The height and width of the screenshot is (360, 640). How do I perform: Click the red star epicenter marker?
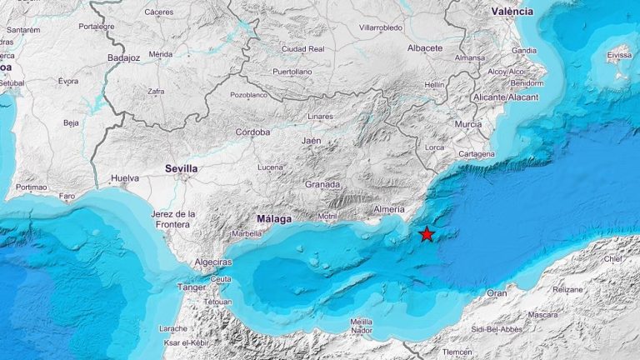[x=427, y=234]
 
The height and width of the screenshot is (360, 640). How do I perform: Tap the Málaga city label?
[x=273, y=219]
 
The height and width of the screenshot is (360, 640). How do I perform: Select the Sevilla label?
[x=181, y=168]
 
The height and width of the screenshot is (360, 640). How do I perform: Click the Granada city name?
[x=322, y=184]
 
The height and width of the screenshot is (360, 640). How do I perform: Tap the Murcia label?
[x=468, y=124]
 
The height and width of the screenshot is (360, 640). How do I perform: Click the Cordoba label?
[x=252, y=132]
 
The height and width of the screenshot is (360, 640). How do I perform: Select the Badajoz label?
[x=124, y=57]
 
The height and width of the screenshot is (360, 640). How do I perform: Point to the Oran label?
[x=497, y=293]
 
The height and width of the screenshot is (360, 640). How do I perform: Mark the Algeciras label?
[x=212, y=261]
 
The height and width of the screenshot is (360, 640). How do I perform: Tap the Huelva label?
[x=123, y=177]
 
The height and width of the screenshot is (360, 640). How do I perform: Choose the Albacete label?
[x=425, y=47]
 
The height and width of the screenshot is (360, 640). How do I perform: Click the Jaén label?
[x=311, y=141]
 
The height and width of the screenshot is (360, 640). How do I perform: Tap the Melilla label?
[x=361, y=321]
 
